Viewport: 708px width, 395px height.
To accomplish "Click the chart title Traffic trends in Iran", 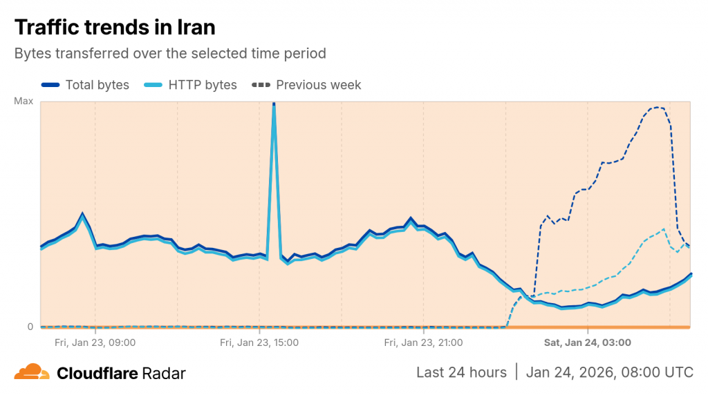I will pos(115,27).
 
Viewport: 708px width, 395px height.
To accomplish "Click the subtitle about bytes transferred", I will pos(170,53).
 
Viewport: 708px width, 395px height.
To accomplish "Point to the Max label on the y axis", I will pos(24,102).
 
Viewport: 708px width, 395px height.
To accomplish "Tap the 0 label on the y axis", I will pos(30,327).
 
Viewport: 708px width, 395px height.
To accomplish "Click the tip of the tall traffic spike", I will pos(274,104).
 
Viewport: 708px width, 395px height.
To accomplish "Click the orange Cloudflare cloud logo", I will pos(32,372).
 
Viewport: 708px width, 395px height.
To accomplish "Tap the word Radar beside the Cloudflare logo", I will pos(164,373).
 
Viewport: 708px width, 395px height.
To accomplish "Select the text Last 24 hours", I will pos(461,372).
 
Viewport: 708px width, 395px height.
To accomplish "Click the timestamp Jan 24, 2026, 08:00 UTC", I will pos(609,372).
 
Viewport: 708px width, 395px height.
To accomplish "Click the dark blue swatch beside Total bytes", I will pos(50,85).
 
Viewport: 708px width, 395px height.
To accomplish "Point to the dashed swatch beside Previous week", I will pos(261,85).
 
